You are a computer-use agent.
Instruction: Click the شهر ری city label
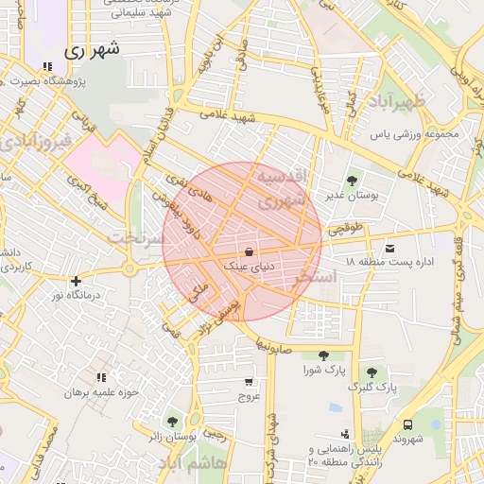click(94, 51)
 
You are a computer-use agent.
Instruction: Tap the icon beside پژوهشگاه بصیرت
click(47, 66)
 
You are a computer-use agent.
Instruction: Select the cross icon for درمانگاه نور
click(76, 280)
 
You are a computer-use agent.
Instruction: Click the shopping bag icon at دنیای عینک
click(248, 252)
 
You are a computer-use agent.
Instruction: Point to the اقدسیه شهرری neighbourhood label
click(282, 188)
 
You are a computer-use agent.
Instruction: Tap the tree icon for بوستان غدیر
click(352, 179)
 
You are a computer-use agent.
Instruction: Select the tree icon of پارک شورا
click(323, 355)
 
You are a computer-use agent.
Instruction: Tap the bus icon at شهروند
click(407, 424)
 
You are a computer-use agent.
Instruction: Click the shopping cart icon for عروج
click(249, 382)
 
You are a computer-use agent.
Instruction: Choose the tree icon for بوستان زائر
click(171, 422)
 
